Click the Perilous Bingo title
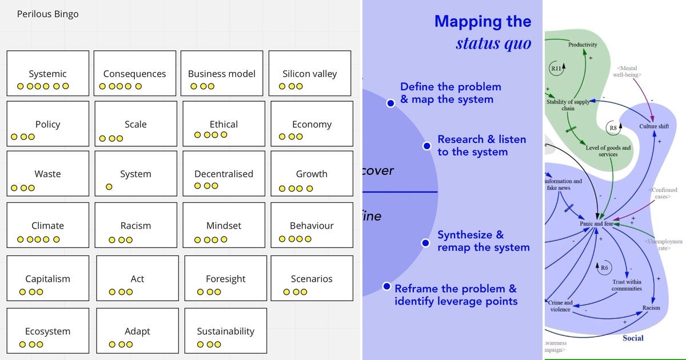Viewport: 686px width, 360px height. point(47,14)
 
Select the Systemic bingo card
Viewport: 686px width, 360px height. point(48,73)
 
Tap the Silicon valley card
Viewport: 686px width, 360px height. point(309,73)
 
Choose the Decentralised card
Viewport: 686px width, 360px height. point(224,174)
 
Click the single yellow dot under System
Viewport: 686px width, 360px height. point(109,187)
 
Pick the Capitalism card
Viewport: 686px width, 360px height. point(48,279)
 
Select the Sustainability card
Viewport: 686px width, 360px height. point(225,331)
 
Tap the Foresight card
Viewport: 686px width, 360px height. point(225,279)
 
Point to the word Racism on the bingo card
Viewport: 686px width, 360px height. point(135,225)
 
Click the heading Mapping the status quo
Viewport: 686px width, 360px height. point(483,32)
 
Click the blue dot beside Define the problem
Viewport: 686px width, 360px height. point(390,103)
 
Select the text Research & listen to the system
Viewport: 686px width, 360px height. point(481,145)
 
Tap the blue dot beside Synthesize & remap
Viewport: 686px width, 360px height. point(425,243)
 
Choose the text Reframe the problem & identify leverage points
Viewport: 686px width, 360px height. point(456,295)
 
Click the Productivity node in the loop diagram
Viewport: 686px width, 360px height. point(583,45)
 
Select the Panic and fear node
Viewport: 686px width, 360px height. point(596,223)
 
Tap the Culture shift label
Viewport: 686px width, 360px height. point(653,126)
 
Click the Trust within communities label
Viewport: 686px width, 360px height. point(627,285)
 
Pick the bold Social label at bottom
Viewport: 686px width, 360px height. point(633,338)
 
